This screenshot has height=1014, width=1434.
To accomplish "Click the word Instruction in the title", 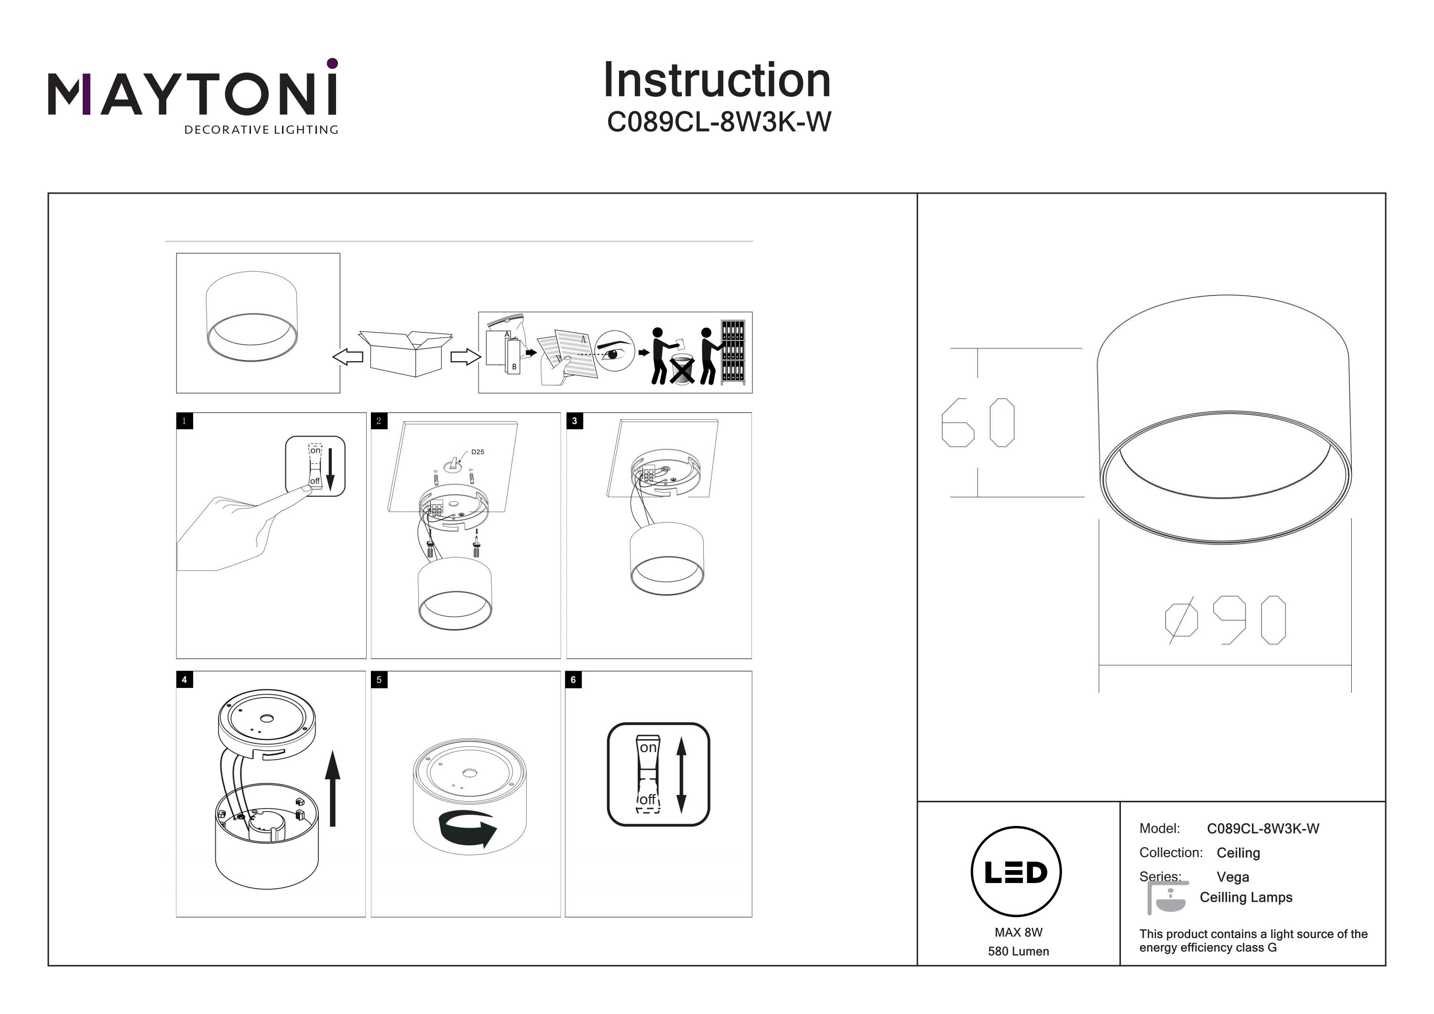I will pyautogui.click(x=717, y=81).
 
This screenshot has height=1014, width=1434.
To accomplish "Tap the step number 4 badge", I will pyautogui.click(x=184, y=680).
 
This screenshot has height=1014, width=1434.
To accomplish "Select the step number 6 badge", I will pyautogui.click(x=573, y=680).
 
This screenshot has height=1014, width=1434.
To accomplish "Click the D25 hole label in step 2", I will pyautogui.click(x=477, y=452).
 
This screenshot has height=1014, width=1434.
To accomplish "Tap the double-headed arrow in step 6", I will pyautogui.click(x=682, y=774).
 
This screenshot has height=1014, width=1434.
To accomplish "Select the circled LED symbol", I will pyautogui.click(x=1016, y=872).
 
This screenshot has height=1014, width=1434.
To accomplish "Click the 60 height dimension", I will pyautogui.click(x=978, y=422).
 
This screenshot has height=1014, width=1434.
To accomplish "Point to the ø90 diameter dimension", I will pyautogui.click(x=1226, y=620).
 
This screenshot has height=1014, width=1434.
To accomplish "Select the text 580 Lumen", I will pyautogui.click(x=1018, y=951).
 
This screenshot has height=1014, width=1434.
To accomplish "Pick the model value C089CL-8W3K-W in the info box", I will pyautogui.click(x=1263, y=829).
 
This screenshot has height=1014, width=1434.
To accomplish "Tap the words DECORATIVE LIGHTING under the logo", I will pyautogui.click(x=261, y=130).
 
